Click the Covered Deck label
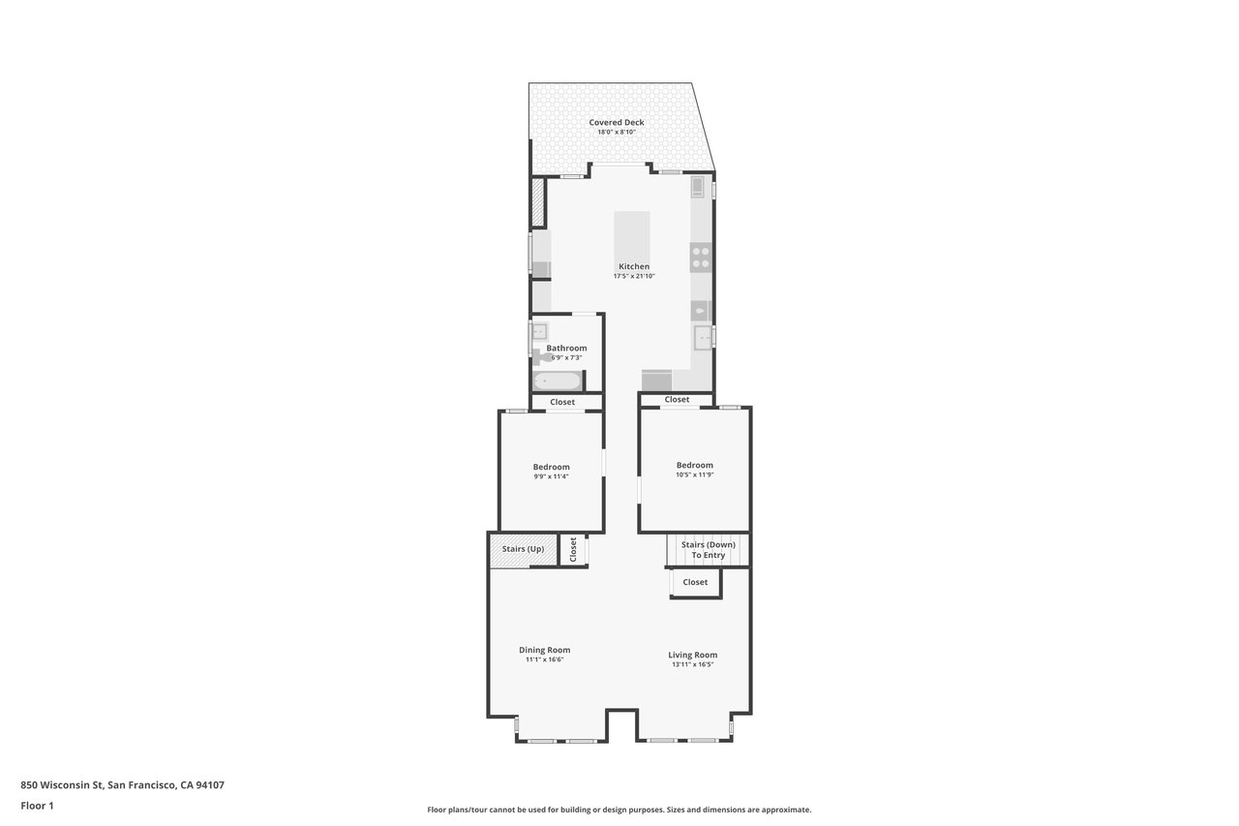(616, 122)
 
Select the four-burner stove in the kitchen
(700, 258)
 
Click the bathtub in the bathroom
(557, 381)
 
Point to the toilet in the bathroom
(539, 357)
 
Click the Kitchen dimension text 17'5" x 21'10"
(634, 277)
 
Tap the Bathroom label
(566, 348)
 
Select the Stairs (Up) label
(523, 549)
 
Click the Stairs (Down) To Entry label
(708, 549)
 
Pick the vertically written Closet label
(573, 550)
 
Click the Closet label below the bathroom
(562, 402)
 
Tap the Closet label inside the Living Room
(695, 582)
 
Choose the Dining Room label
(544, 650)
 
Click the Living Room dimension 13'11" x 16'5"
(693, 664)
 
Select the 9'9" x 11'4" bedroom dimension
(551, 476)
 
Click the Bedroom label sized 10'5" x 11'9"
(694, 465)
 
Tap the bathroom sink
(539, 331)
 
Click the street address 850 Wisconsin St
(122, 785)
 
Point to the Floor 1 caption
(37, 805)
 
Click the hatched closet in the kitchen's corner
(538, 201)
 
